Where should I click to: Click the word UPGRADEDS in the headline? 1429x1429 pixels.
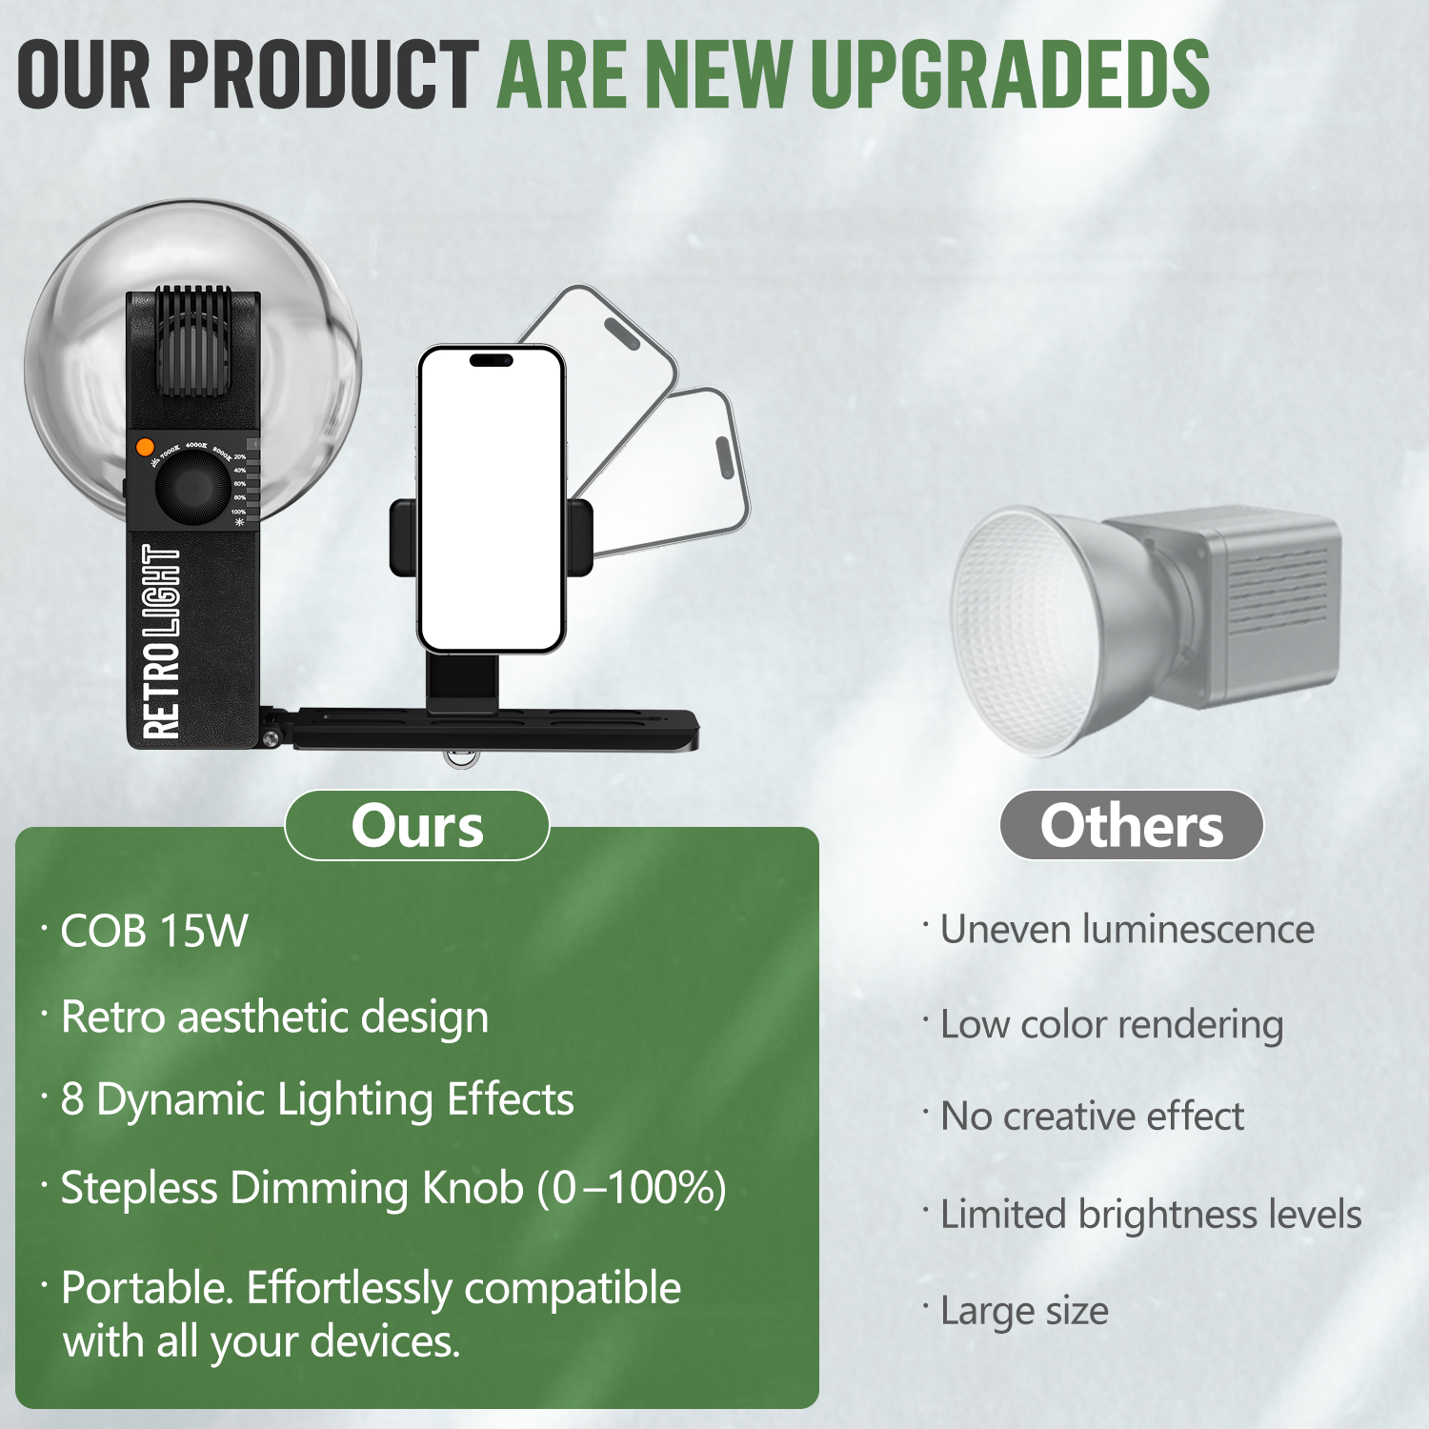pos(1010,74)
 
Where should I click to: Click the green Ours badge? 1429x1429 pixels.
pos(417,825)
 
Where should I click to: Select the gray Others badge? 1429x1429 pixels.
pos(1132,825)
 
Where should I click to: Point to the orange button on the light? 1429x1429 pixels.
pos(145,446)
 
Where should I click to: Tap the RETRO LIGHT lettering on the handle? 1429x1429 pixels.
pos(160,642)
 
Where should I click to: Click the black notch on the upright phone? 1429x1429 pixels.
pos(492,360)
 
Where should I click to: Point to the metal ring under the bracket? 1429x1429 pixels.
pos(460,759)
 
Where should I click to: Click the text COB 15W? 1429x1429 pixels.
pos(154,931)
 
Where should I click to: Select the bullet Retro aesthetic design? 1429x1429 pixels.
pos(274,1017)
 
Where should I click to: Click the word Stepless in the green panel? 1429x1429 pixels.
pos(139,1189)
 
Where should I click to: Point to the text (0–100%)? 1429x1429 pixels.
pos(632,1188)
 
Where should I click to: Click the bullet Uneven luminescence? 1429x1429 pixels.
pos(1127,929)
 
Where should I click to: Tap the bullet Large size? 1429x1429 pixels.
pos(1024,1312)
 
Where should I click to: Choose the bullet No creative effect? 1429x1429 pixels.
pos(1092,1116)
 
